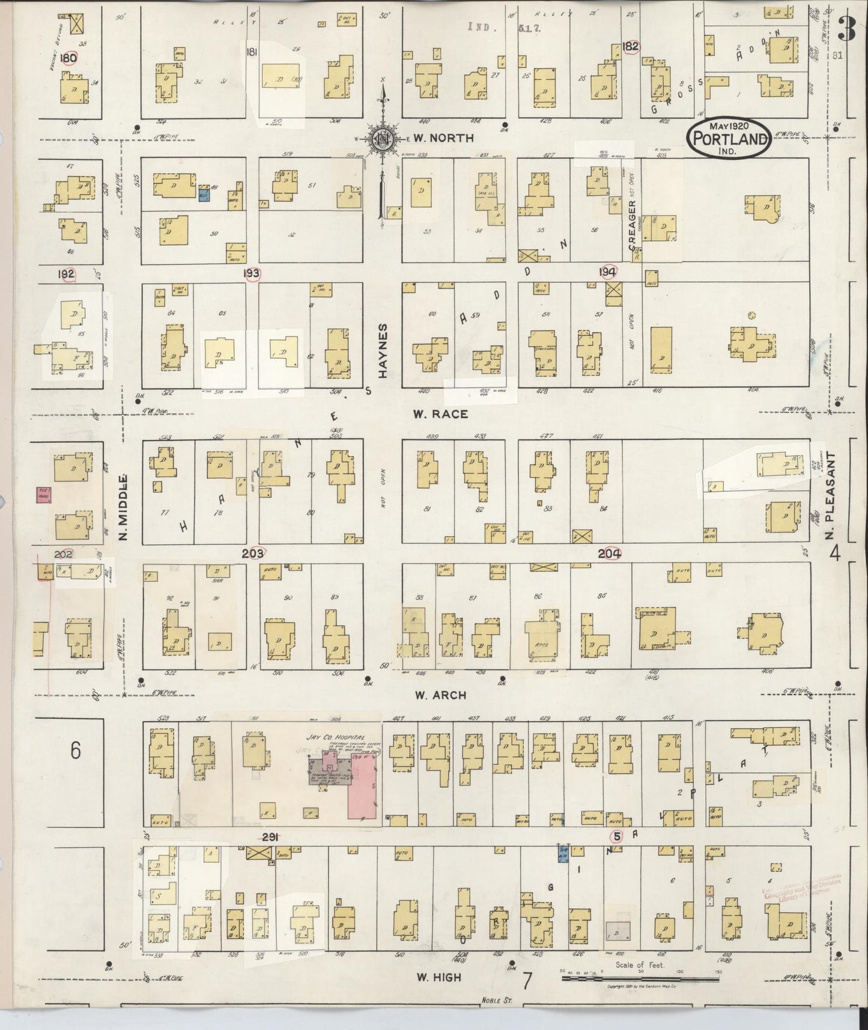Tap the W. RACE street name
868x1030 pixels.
pyautogui.click(x=440, y=414)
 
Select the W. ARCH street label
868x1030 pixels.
pyautogui.click(x=440, y=695)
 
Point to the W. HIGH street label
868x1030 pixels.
pyautogui.click(x=440, y=978)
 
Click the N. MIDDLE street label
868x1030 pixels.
pyautogui.click(x=124, y=508)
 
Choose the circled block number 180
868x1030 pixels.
pyautogui.click(x=69, y=58)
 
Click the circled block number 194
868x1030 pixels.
pyautogui.click(x=608, y=273)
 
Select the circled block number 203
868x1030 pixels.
pyautogui.click(x=253, y=553)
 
